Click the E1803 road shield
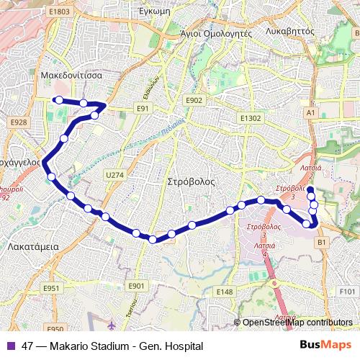tap(60, 12)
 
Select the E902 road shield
tap(194, 101)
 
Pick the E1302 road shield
tap(251, 117)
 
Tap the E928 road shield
tap(19, 123)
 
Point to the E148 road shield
tap(225, 292)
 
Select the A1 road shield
tap(310, 113)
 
